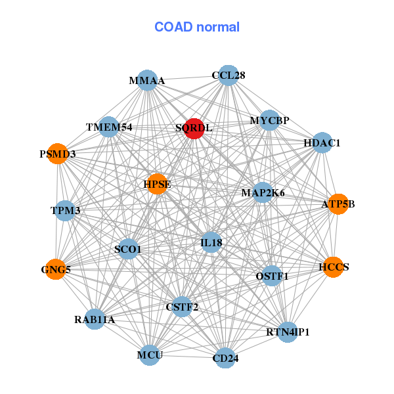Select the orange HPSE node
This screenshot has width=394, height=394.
pos(158,184)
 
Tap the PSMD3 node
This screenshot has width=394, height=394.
pos(58,154)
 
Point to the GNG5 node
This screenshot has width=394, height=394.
pos(56,269)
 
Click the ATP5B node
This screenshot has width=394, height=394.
pos(338,204)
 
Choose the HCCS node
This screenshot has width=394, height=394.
pos(333,267)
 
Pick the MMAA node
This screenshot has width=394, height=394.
pos(146,81)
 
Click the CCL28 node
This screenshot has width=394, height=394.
pos(228,76)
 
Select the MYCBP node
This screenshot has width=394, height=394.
pos(269,121)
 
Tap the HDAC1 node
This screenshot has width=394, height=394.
pos(321,142)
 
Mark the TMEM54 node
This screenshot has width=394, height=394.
pos(109,127)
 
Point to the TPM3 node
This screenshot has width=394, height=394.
pos(65,211)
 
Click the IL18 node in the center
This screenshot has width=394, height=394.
pos(211,242)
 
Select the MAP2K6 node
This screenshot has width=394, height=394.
pos(263,192)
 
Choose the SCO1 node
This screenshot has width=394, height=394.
pos(128,249)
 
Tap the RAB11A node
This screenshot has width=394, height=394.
pos(95,319)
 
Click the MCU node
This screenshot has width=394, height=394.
pos(150,355)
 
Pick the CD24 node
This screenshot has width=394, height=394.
pos(225,358)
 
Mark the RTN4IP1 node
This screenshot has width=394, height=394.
pos(288,332)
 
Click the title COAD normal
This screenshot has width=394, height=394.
pos(197,27)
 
